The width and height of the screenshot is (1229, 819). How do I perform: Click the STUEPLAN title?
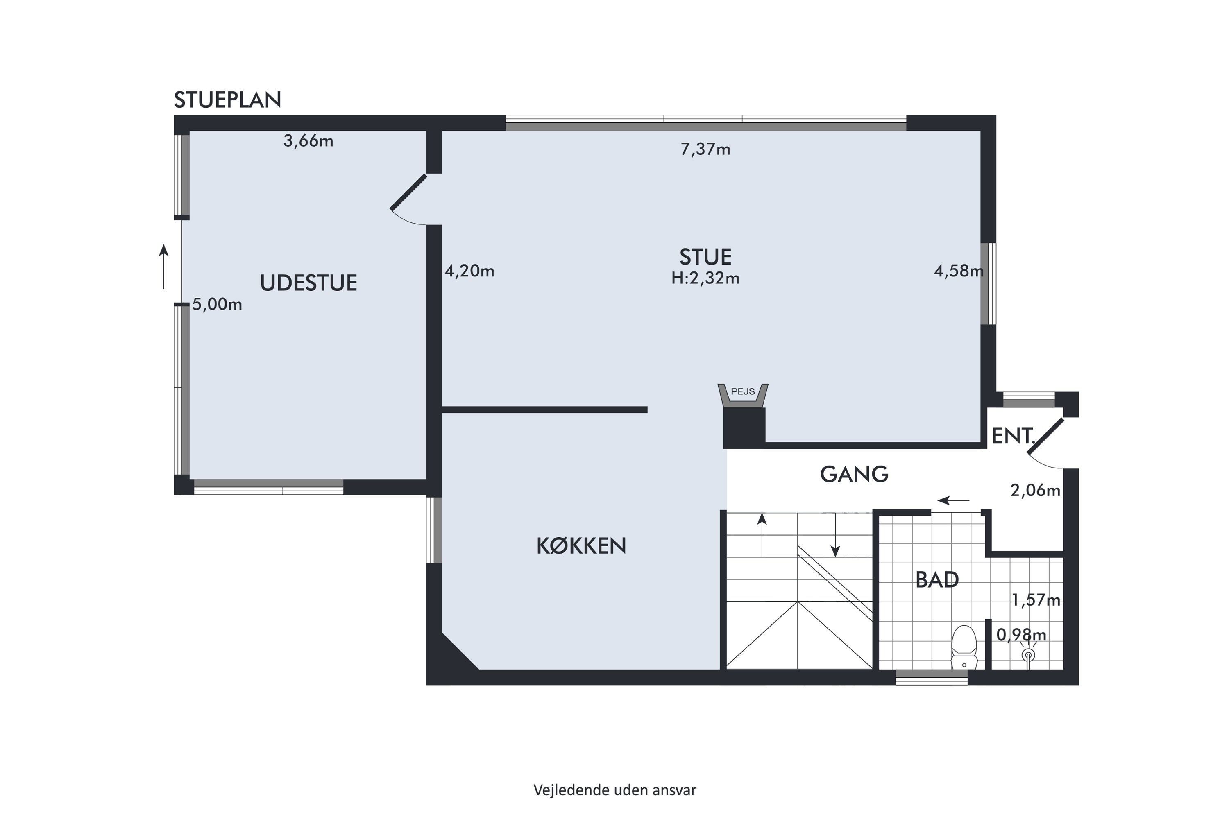227,100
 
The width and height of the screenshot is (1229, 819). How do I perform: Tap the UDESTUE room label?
308,283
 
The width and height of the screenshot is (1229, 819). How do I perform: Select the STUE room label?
705,257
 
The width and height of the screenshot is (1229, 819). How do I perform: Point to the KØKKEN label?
581,546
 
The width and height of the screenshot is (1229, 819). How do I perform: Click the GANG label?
854,474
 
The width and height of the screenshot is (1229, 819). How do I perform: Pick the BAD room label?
937,580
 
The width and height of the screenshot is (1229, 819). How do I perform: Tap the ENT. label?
1013,436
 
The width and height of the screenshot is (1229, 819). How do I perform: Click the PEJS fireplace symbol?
742,396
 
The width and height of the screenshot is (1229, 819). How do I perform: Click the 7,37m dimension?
705,149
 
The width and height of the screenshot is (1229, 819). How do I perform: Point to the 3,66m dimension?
308,141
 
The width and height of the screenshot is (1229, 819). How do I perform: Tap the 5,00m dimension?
217,305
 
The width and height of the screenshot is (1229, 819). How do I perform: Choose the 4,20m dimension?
469,271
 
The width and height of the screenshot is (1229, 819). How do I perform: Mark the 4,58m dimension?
958,271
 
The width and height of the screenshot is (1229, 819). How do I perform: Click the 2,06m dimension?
1035,491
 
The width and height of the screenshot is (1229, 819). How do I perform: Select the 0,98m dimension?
1021,635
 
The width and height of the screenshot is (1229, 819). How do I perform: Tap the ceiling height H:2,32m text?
705,278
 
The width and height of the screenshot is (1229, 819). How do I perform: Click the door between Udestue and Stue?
408,192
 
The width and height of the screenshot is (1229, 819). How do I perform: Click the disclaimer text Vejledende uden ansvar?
614,790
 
